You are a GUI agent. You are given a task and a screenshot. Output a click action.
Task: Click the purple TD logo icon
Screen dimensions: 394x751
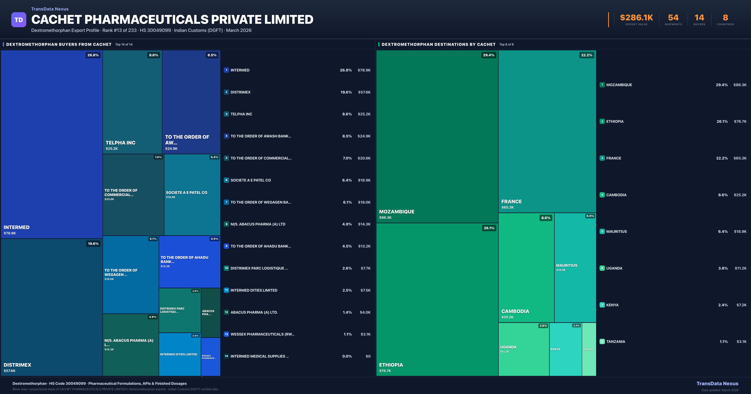coord(19,20)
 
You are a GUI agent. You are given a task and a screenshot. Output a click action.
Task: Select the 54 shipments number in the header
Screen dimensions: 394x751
coord(673,18)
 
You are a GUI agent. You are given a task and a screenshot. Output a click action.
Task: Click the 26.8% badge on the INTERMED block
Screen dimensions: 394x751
coord(93,55)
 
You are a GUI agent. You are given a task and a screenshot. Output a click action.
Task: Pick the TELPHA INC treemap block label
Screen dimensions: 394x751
coord(120,143)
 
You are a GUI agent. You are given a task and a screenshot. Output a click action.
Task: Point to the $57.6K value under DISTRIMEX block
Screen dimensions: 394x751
coord(10,371)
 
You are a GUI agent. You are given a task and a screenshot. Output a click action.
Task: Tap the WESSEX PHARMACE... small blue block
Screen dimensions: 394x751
coord(210,357)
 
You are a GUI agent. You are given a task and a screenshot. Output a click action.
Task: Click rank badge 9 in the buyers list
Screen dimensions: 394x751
coord(226,246)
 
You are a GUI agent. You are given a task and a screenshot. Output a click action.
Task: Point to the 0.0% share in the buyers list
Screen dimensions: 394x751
coord(347,356)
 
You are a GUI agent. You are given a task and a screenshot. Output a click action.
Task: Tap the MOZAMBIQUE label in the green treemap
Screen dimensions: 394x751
coord(396,212)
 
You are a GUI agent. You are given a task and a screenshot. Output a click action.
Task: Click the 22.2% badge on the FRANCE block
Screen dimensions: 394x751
coord(587,55)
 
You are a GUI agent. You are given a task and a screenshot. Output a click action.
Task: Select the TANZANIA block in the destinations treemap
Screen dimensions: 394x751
coord(589,349)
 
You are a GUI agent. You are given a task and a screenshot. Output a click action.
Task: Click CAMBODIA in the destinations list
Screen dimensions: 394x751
coord(616,195)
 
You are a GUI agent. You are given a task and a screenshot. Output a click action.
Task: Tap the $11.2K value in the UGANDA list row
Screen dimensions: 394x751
coord(741,268)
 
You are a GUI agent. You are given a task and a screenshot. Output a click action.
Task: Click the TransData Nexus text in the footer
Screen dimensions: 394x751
coord(717,384)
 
